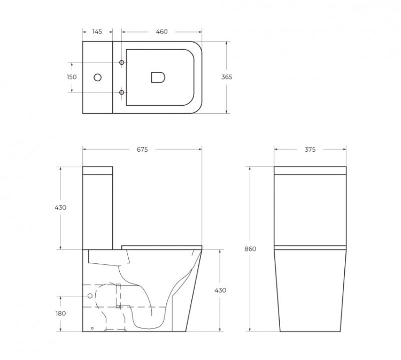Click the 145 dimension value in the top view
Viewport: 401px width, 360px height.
[x=97, y=32]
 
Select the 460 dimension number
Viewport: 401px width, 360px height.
[x=161, y=32]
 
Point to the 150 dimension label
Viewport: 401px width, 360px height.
[x=72, y=77]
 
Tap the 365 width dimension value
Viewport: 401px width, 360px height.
[x=227, y=77]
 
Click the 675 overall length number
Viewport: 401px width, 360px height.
[x=142, y=150]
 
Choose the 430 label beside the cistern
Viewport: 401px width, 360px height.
[x=60, y=208]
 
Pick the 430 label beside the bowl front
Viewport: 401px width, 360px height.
[x=220, y=290]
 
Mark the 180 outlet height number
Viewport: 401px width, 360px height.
[x=60, y=314]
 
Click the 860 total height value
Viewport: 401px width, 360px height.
[x=250, y=249]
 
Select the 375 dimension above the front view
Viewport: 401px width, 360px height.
[x=310, y=150]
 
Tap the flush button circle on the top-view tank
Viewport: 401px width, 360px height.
[x=97, y=77]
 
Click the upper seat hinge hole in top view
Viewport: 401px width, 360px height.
[x=122, y=63]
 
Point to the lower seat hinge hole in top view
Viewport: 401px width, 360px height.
[x=122, y=93]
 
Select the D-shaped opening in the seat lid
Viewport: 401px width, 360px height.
[x=158, y=77]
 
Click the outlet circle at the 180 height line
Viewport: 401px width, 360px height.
[x=90, y=295]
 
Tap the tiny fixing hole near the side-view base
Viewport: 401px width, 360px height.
[x=92, y=327]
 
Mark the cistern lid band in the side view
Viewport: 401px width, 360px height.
[x=98, y=171]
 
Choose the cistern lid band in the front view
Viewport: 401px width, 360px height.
[x=310, y=171]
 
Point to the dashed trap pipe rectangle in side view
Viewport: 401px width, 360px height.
[x=119, y=295]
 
